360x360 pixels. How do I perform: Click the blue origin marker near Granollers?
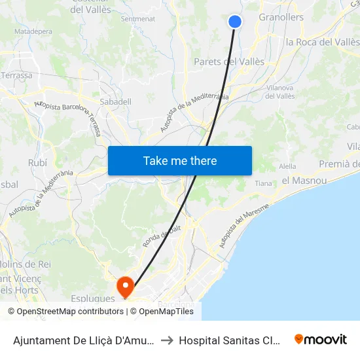coord(235,22)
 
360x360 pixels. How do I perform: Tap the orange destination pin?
coord(124,286)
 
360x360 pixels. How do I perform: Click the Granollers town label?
coord(281,18)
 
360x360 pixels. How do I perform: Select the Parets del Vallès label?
coord(229,62)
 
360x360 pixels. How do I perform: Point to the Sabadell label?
coord(116,101)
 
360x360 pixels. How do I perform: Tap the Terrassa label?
coord(16,75)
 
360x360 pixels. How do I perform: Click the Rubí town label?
coord(38,162)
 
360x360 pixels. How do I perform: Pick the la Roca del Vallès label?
coord(323,42)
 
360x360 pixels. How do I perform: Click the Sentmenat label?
coord(138,19)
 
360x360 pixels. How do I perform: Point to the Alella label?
coord(288,166)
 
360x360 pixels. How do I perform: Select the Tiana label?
coord(263,183)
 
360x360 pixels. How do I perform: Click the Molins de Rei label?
coord(26,264)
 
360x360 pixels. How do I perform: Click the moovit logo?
coord(321,339)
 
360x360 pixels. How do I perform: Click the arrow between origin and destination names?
coord(166,340)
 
